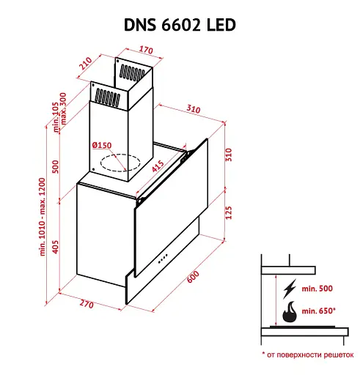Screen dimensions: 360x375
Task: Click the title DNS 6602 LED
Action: point(180,25)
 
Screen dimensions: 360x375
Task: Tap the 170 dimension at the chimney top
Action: point(146,50)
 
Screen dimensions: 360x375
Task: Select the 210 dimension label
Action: point(85,63)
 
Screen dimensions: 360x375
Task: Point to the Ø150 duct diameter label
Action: point(102,145)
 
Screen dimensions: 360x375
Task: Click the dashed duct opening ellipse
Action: point(120,163)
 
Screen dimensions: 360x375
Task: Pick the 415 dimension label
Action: point(158,166)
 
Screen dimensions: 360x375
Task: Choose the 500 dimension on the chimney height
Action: point(56,166)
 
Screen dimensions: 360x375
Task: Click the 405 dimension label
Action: point(56,247)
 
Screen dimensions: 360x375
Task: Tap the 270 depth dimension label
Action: point(87,304)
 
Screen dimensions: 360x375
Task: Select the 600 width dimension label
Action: point(193,277)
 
